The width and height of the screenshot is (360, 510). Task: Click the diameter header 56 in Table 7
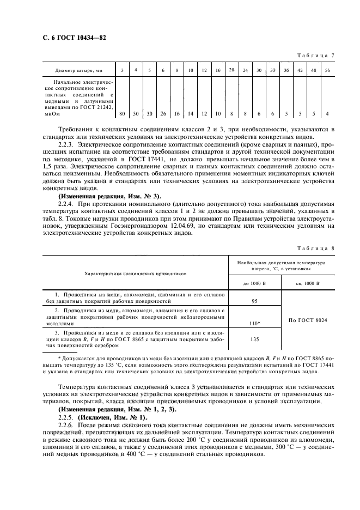[x=326, y=70]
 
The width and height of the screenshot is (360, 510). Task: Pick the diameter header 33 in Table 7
[x=273, y=70]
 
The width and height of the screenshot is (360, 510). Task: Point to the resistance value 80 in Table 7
[x=122, y=113]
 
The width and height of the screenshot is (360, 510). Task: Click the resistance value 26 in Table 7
[x=163, y=113]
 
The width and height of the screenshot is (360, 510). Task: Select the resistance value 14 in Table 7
[x=190, y=113]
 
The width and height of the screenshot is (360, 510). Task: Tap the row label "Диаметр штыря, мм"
[x=78, y=71]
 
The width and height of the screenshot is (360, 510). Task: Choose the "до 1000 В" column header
[x=254, y=283]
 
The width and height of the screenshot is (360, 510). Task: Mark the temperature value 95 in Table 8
[x=254, y=300]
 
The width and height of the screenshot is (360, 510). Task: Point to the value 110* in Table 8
[x=254, y=323]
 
